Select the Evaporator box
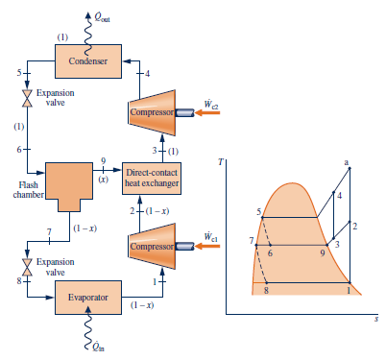(88, 298)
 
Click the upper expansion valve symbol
(28, 99)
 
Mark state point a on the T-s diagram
(347, 161)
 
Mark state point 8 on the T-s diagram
(265, 290)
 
